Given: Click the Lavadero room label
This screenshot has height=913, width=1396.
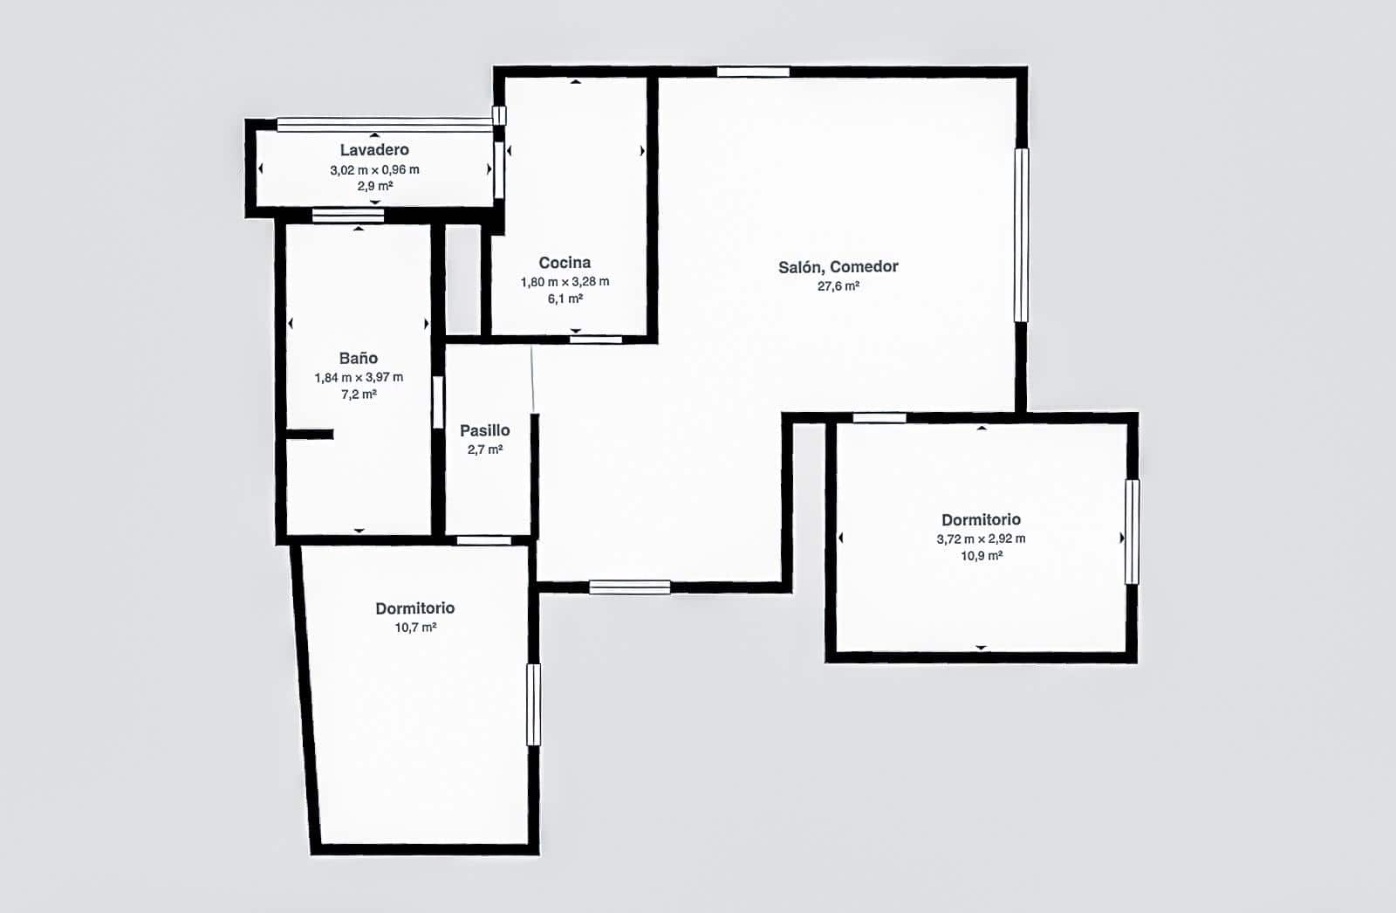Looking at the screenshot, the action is [374, 149].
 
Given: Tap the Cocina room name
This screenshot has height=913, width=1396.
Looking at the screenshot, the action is [565, 263].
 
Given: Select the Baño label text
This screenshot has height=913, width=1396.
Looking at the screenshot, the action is [359, 358].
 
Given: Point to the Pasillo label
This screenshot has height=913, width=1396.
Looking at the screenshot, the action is [485, 430].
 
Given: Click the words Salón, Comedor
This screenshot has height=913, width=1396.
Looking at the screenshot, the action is [838, 267].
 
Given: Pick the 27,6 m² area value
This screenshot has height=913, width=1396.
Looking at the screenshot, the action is [838, 286].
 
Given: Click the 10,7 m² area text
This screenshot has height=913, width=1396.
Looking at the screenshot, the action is [415, 628].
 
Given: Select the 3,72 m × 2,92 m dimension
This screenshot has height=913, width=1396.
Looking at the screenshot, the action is [981, 539].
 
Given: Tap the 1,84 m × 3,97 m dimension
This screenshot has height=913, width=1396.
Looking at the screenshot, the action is [359, 377].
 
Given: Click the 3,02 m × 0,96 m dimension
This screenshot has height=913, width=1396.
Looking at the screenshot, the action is [374, 169].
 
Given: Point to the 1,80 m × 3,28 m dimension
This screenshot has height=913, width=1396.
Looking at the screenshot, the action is [565, 282].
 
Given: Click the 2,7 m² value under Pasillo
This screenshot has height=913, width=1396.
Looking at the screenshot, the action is [485, 450].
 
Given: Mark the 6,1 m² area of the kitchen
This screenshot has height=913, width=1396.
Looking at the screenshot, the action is [565, 299].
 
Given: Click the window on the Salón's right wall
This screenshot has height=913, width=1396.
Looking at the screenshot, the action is [1021, 235].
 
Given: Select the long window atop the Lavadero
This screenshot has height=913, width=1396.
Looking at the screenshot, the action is [385, 125].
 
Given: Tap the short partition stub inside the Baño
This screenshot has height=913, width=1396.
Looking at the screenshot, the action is [310, 435].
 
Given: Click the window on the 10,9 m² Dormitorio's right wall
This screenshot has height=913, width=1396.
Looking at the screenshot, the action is [1132, 532].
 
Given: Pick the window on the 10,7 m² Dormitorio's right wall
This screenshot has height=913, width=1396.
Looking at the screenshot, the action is [533, 704].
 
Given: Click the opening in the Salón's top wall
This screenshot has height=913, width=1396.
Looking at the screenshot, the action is [753, 72].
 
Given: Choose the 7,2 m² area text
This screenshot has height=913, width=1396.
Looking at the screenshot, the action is [359, 395].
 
